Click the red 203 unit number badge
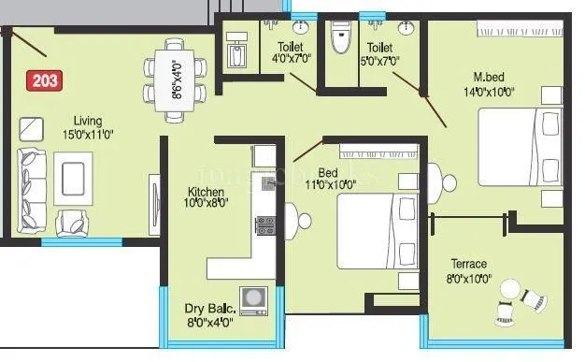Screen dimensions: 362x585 [x=44, y=80]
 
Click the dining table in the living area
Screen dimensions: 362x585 [x=175, y=80]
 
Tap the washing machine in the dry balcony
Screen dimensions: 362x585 [x=252, y=300]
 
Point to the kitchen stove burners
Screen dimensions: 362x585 [x=264, y=224]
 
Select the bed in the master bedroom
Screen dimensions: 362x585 [x=520, y=148]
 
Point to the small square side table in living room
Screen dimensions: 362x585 [x=31, y=128]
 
